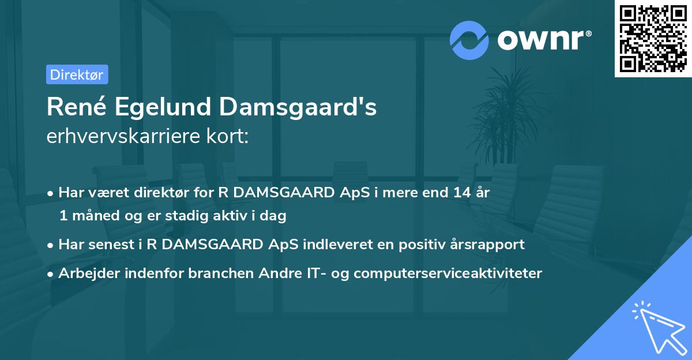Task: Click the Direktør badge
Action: tap(77, 74)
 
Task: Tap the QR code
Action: tap(652, 38)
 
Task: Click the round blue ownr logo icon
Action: tap(469, 40)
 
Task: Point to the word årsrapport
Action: tap(490, 245)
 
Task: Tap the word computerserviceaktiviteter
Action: tap(448, 273)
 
